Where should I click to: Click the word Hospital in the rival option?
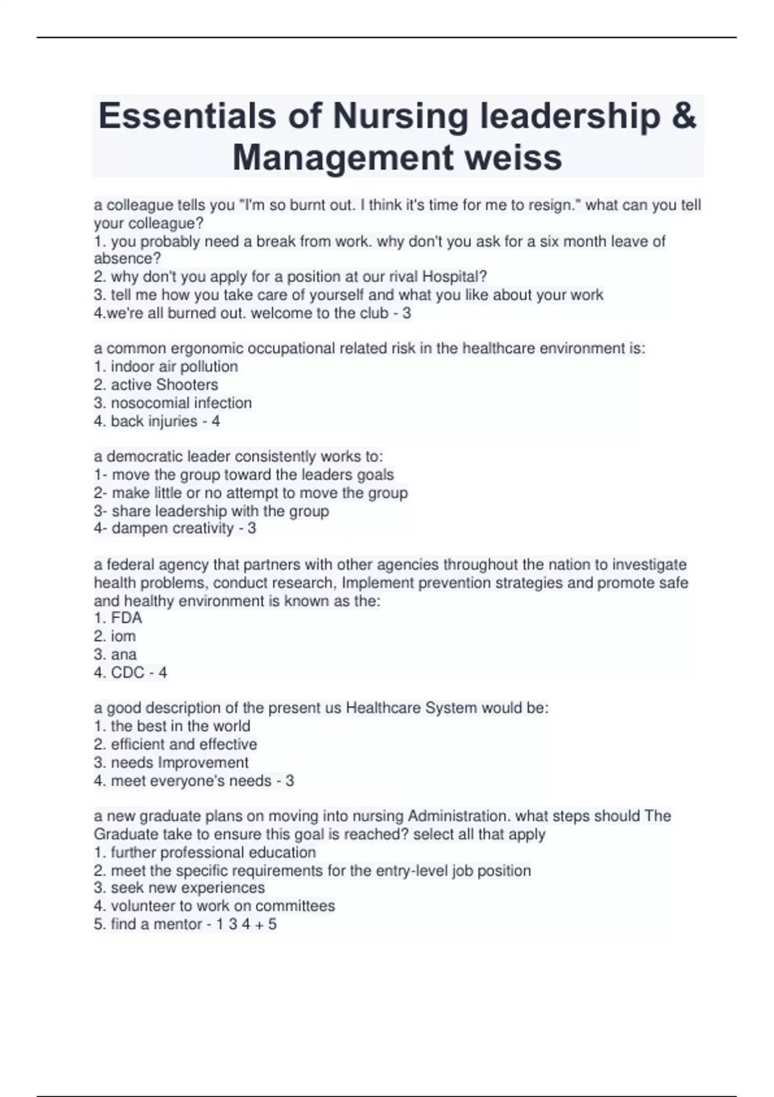coord(451,277)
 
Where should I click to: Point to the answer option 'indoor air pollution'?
coord(174,367)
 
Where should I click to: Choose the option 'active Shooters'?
coord(164,385)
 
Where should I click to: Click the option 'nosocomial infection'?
coord(181,403)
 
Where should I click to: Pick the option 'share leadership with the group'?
coord(220,511)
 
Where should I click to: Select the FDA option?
coord(126,618)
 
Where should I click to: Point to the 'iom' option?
coord(123,636)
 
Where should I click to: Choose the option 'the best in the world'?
coord(180,726)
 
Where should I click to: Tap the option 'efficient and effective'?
coord(183,744)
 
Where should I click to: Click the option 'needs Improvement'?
coord(179,762)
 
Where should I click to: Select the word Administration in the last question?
coord(457,816)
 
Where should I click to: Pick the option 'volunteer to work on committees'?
coord(223,906)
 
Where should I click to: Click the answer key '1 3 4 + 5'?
coord(246,924)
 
